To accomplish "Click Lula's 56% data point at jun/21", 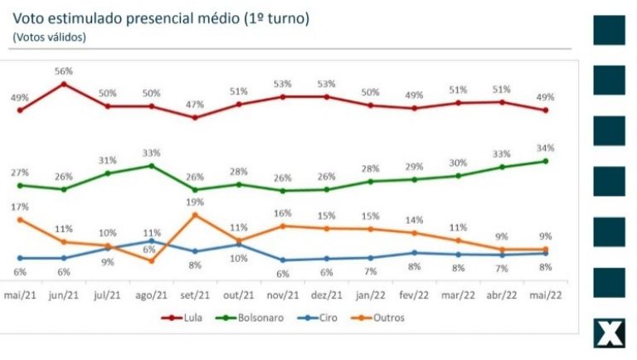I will tap(63, 84).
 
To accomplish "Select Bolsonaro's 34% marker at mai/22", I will tap(545, 161).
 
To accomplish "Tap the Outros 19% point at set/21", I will tap(195, 215).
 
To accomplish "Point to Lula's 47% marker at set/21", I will tap(195, 117).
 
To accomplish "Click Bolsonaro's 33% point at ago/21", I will tap(151, 166).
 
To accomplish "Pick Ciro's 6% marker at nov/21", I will tap(283, 260).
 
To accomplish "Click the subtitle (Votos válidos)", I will tap(50, 36).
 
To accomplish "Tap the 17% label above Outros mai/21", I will tap(20, 207).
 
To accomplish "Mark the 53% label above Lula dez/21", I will tap(327, 84).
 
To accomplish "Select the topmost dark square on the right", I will tap(610, 30).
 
